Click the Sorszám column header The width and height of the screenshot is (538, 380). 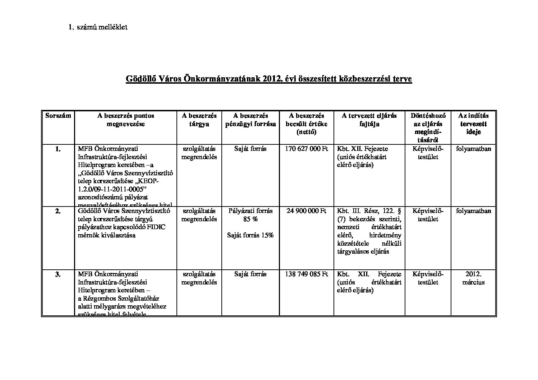[58, 116]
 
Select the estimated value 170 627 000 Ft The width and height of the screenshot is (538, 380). [307, 149]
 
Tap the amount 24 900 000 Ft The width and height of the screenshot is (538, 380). [307, 211]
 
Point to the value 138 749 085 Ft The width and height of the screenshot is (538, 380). [307, 274]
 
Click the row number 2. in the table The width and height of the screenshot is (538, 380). [58, 211]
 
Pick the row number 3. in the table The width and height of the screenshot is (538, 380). [58, 274]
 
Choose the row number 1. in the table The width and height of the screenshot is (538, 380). [58, 149]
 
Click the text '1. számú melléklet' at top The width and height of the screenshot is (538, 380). [97, 27]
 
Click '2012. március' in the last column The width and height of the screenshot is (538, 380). [473, 278]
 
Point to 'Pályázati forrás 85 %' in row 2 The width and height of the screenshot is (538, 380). [250, 215]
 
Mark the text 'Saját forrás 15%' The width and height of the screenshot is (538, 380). [250, 235]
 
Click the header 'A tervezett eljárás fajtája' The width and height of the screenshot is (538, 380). [369, 120]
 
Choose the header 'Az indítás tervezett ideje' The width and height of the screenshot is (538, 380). [473, 124]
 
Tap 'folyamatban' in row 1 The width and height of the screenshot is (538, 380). [473, 149]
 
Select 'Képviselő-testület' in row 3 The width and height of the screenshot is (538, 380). [428, 278]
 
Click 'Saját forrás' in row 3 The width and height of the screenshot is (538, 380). [250, 274]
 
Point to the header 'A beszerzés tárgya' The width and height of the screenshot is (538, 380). [199, 120]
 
